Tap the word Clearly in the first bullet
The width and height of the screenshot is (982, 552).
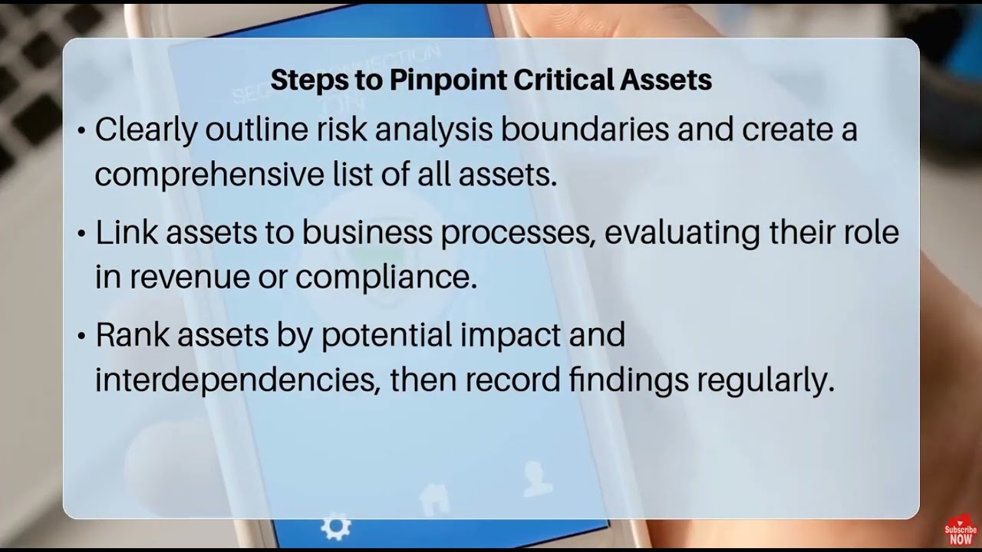click(146, 130)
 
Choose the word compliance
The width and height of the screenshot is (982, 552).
click(386, 278)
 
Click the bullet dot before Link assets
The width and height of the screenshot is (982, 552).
click(81, 234)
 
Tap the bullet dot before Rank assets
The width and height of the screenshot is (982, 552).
click(81, 337)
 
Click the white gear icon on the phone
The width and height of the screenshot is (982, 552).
click(335, 527)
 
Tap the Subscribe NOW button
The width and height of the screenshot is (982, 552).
click(961, 533)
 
